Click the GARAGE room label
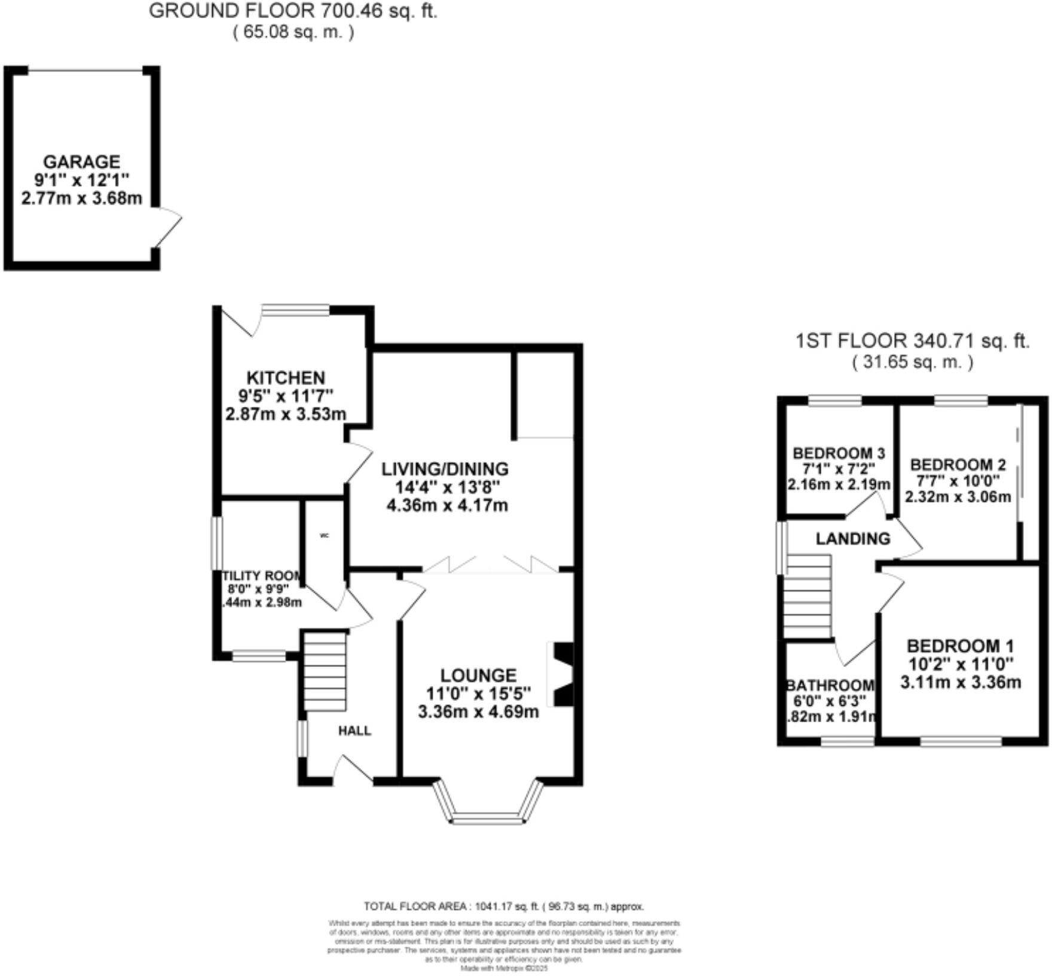coord(81,161)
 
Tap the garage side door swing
coord(167,227)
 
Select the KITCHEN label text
coord(286,378)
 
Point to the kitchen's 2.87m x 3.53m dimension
coord(286,414)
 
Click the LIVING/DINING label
coord(445,469)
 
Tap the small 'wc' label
coord(325,535)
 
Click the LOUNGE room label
coord(478,675)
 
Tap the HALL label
coord(355,730)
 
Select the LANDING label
coord(853,539)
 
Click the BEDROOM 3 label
coord(839,453)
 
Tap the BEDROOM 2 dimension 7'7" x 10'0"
coord(958,481)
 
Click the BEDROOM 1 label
coord(961,646)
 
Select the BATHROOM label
coord(831,685)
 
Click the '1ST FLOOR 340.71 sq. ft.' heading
coord(912,341)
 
